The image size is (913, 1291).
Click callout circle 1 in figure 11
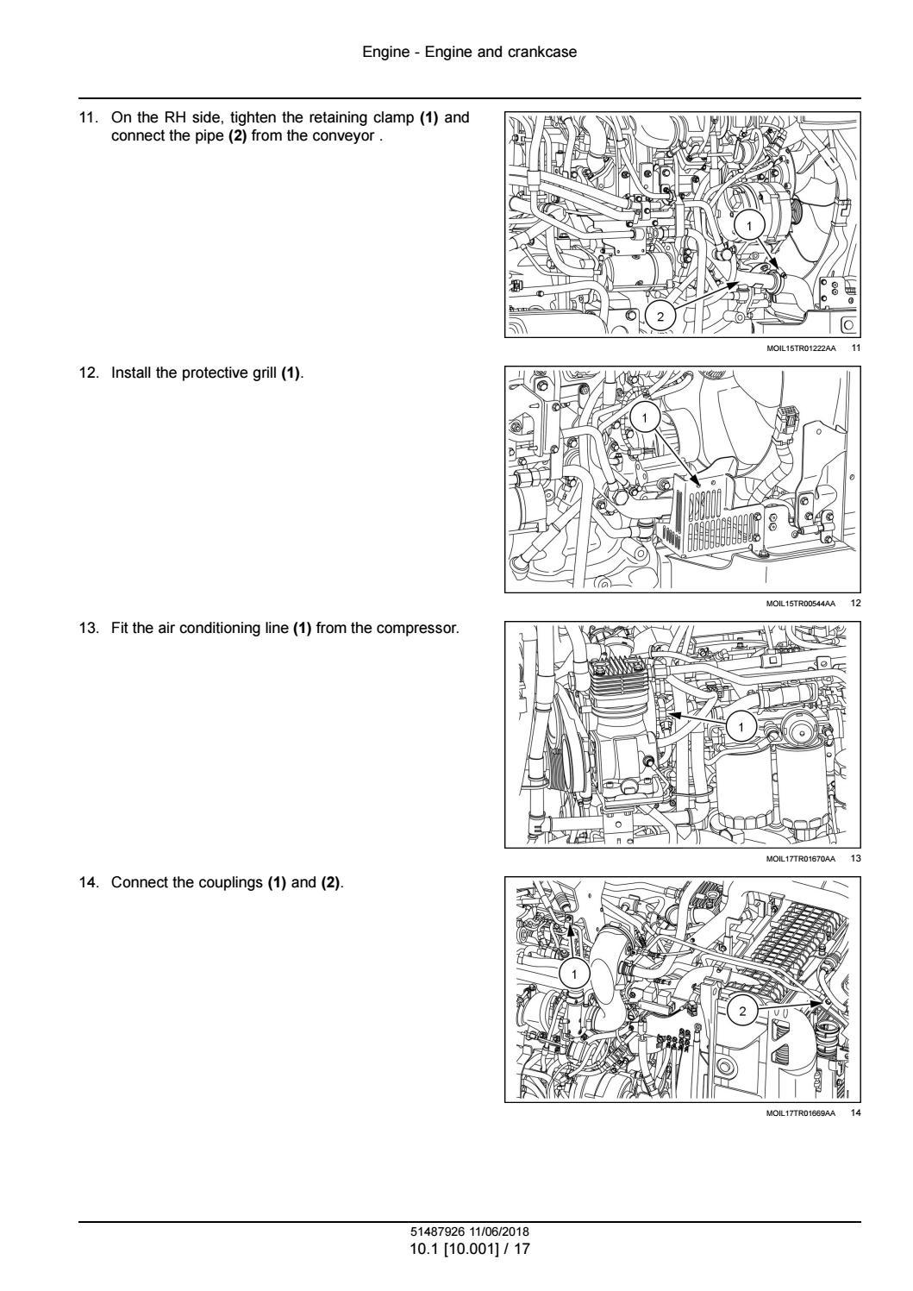[x=748, y=225]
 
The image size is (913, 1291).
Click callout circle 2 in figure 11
[x=660, y=316]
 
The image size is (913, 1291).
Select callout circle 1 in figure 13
[x=741, y=727]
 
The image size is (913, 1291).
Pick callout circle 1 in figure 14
[x=573, y=975]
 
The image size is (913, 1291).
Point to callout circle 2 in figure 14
[x=742, y=1011]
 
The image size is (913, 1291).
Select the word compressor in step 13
[x=417, y=629]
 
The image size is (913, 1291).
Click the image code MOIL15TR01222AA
[x=800, y=348]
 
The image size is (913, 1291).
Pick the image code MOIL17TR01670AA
[x=800, y=859]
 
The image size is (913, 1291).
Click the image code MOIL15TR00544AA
[x=800, y=604]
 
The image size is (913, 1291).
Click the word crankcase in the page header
[x=542, y=53]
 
